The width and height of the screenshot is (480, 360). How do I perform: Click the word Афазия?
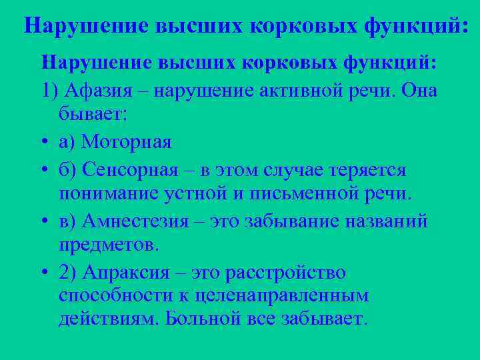point(99,90)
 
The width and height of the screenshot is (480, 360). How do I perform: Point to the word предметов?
point(109,245)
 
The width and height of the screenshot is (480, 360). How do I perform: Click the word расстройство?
point(295,273)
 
